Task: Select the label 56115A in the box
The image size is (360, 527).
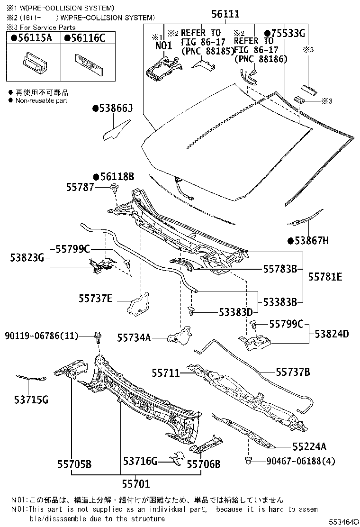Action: pyautogui.click(x=35, y=39)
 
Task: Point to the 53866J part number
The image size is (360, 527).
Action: pyautogui.click(x=115, y=109)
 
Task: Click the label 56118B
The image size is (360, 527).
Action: pyautogui.click(x=117, y=177)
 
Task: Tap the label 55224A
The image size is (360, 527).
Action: pyautogui.click(x=309, y=446)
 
